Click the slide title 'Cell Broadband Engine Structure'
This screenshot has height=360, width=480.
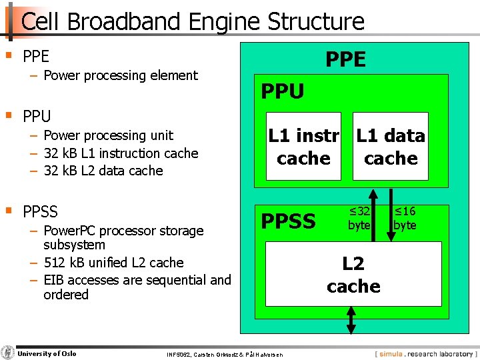pyautogui.click(x=193, y=21)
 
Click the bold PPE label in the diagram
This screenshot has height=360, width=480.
pyautogui.click(x=345, y=60)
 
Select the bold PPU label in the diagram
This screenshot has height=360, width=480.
pyautogui.click(x=283, y=91)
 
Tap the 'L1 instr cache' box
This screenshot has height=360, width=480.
pyautogui.click(x=304, y=147)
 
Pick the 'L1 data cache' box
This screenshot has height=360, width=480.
pyautogui.click(x=391, y=147)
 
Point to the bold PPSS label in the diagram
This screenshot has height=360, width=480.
pyautogui.click(x=288, y=221)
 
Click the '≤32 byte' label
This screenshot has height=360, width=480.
pyautogui.click(x=359, y=219)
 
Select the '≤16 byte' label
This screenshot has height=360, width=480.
pyautogui.click(x=405, y=219)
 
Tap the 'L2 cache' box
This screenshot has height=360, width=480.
pyautogui.click(x=353, y=274)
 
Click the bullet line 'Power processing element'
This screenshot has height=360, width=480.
pyautogui.click(x=120, y=75)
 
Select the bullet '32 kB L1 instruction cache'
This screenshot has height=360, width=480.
pyautogui.click(x=121, y=153)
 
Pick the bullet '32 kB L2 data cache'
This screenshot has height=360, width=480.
pyautogui.click(x=103, y=170)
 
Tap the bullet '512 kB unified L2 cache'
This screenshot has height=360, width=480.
pyautogui.click(x=113, y=263)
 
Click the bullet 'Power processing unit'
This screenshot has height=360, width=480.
pyautogui.click(x=108, y=135)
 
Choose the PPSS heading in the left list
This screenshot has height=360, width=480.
pyautogui.click(x=40, y=212)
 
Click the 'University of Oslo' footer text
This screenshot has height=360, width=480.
pyautogui.click(x=47, y=353)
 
